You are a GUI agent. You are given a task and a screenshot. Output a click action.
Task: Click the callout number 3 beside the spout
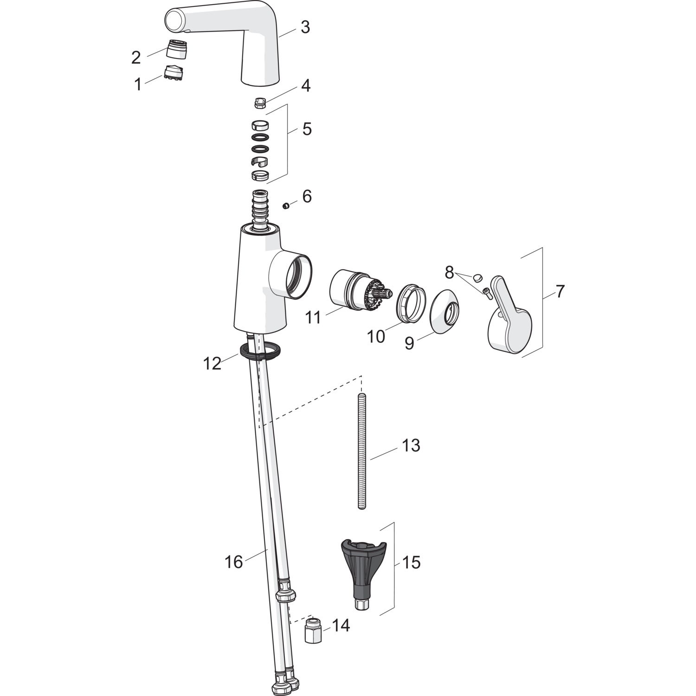tap(305, 27)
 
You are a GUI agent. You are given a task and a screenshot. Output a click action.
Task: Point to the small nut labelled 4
tap(261, 103)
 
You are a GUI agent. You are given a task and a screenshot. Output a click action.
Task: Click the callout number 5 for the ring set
tap(307, 129)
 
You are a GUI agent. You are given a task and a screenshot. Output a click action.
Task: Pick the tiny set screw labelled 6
tap(286, 205)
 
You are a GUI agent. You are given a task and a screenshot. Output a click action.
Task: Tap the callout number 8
tap(449, 273)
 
